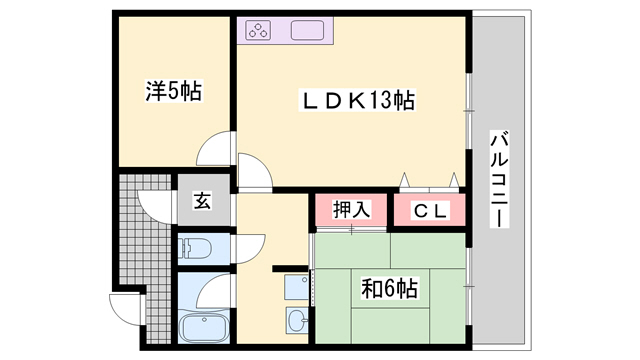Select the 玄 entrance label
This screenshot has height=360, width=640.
point(202,201)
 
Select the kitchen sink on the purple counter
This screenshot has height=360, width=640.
point(309,30)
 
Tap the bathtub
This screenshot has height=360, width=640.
point(203,327)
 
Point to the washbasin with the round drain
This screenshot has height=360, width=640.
point(296,321)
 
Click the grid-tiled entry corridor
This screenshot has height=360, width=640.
point(140,240)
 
